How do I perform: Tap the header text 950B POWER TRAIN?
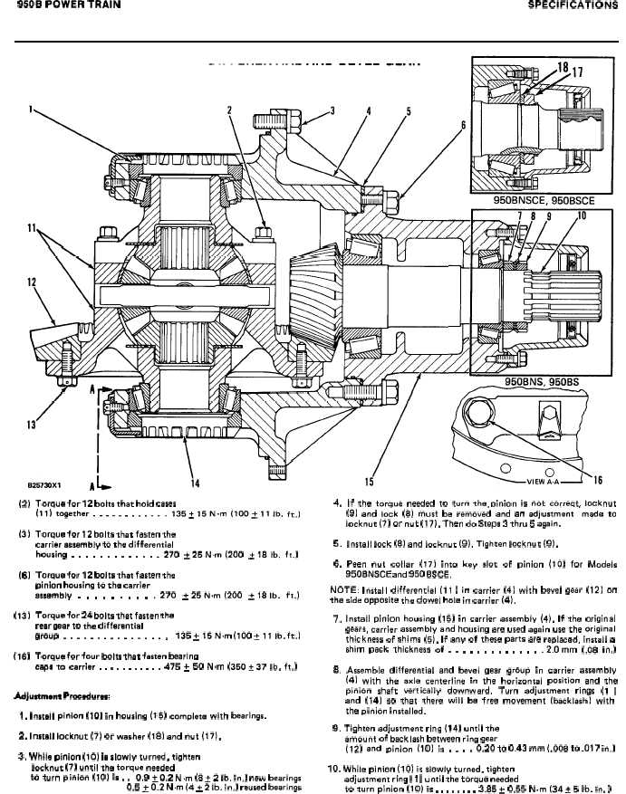pos(55,6)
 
